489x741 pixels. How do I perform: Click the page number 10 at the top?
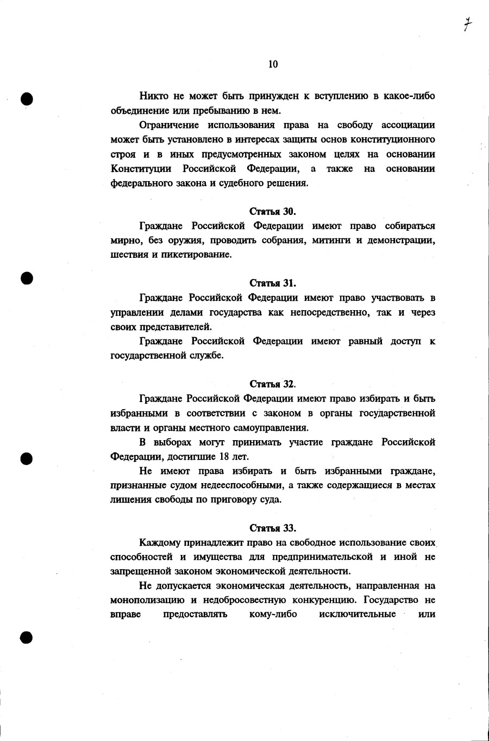[x=273, y=64]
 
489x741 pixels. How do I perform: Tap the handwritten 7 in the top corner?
[x=467, y=24]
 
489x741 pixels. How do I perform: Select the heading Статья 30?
[x=273, y=211]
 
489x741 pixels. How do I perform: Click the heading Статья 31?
[x=273, y=283]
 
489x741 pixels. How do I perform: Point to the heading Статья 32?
[x=273, y=384]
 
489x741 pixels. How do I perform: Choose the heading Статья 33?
[x=273, y=528]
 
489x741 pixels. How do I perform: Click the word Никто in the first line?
[x=154, y=96]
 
